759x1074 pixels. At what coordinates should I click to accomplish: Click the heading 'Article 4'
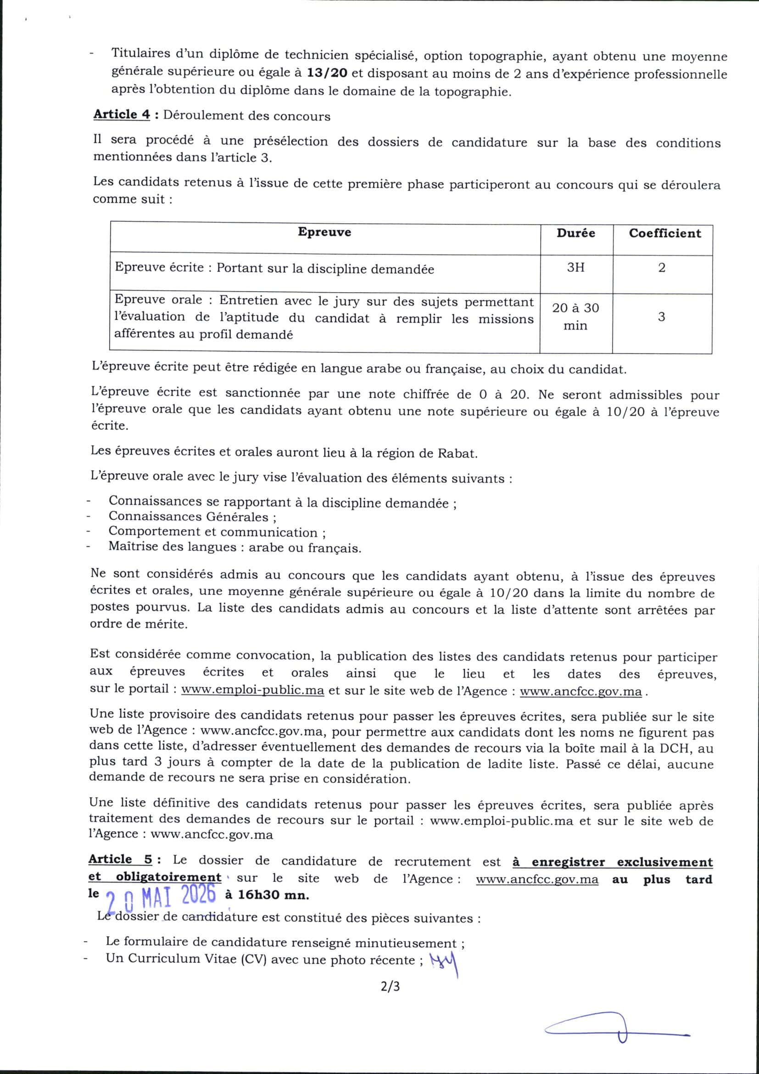[122, 114]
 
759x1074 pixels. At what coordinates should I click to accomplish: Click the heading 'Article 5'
[120, 859]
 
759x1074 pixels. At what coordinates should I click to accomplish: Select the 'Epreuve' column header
[324, 232]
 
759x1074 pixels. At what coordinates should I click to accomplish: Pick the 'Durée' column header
[575, 233]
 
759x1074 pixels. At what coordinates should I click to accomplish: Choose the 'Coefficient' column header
[664, 233]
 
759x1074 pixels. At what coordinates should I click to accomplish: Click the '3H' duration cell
[575, 267]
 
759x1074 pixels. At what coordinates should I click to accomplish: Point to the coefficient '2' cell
[661, 268]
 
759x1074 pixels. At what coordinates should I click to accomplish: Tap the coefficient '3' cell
[661, 317]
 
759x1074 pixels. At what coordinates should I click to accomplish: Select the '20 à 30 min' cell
[575, 317]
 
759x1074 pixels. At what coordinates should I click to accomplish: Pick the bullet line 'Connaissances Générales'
[192, 517]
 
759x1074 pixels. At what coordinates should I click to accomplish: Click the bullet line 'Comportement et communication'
[217, 532]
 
